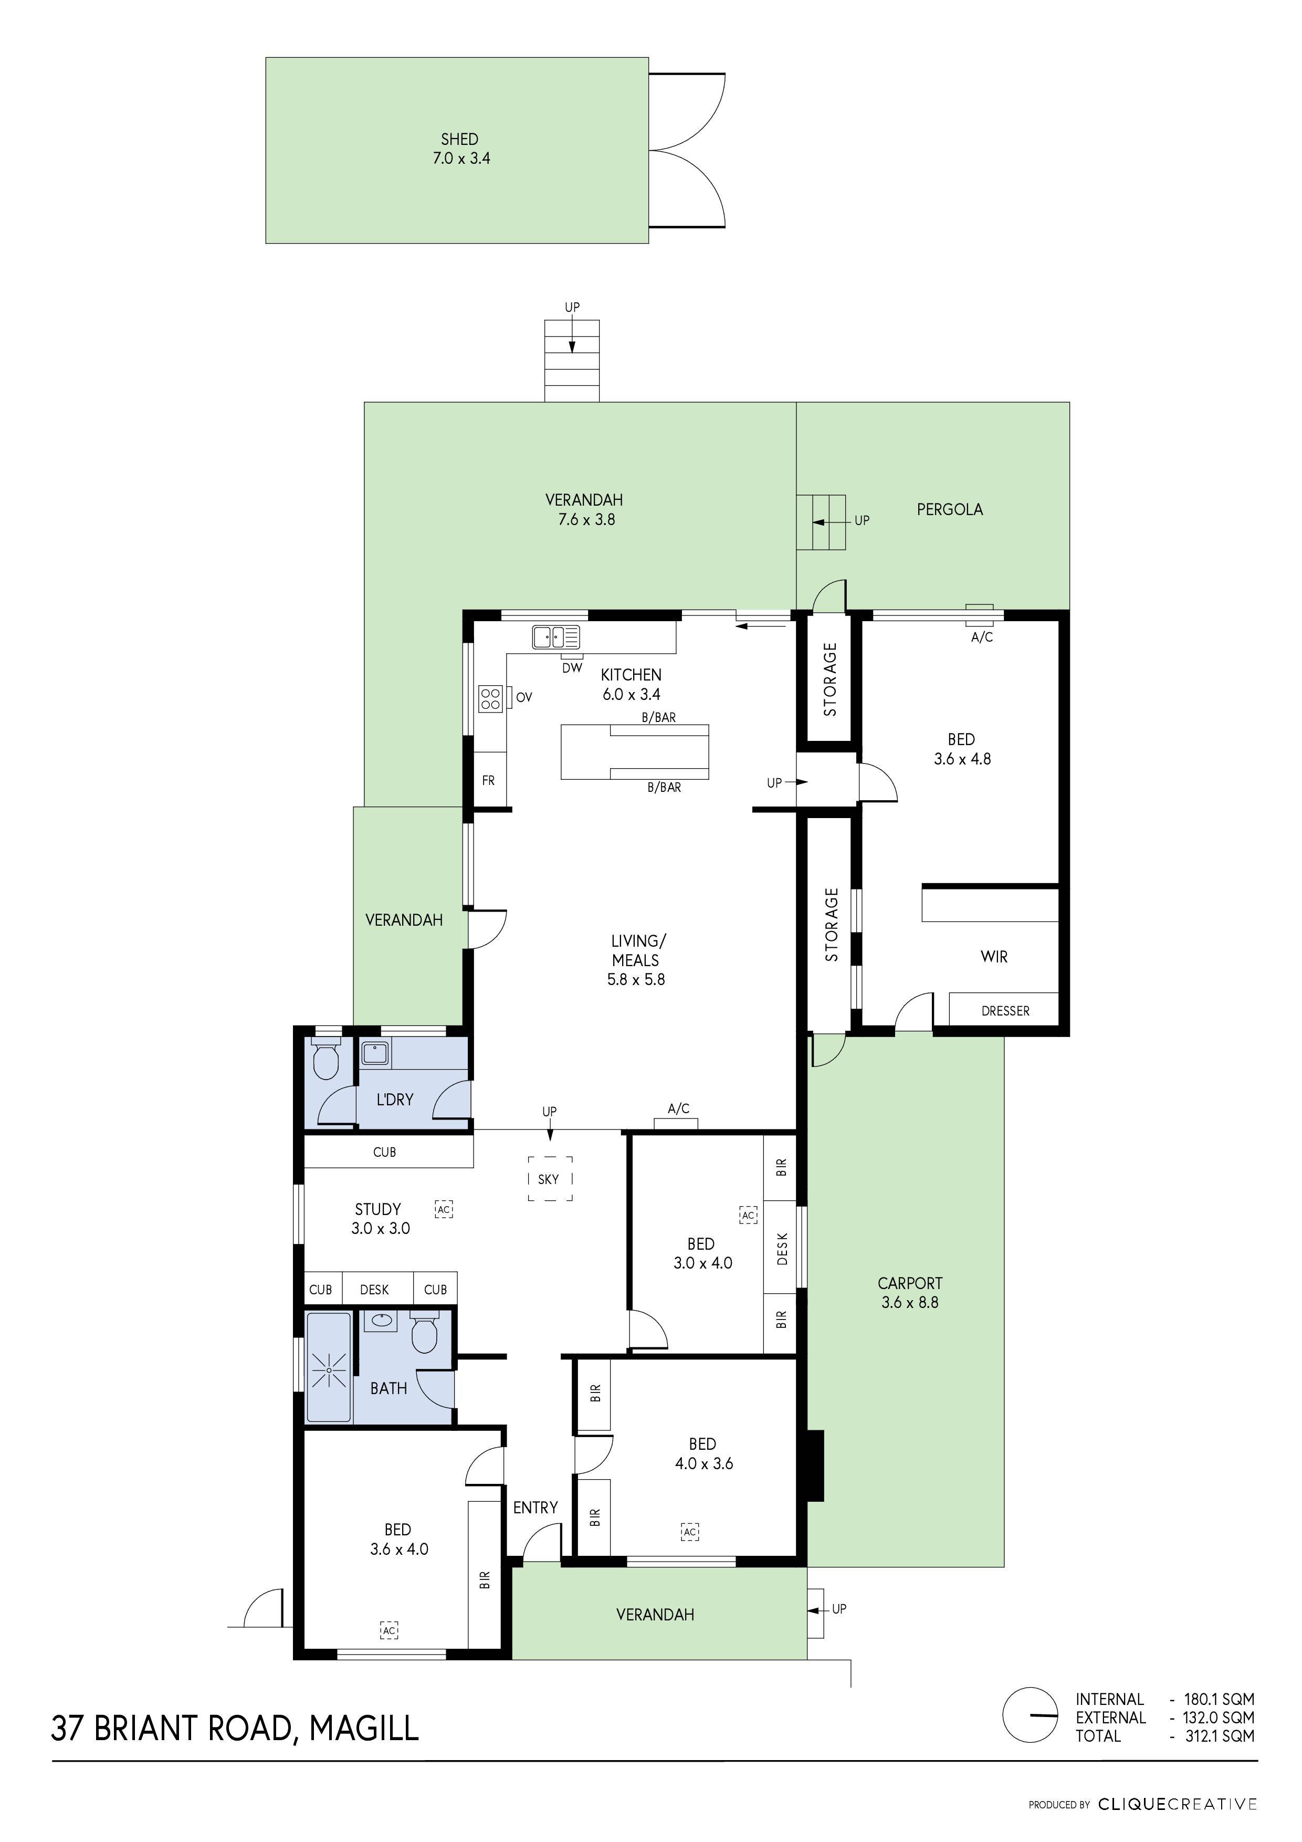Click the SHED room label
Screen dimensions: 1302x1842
(460, 140)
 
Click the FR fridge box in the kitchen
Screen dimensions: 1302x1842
(489, 780)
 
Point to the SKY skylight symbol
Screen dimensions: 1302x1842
(550, 1178)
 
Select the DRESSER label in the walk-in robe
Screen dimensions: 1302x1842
(1005, 1011)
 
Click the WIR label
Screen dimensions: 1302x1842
(994, 956)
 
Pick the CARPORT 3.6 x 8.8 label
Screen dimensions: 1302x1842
(910, 1292)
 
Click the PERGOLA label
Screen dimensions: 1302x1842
(950, 509)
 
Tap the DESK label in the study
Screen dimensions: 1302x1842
(374, 1289)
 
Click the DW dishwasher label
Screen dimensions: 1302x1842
(572, 667)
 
